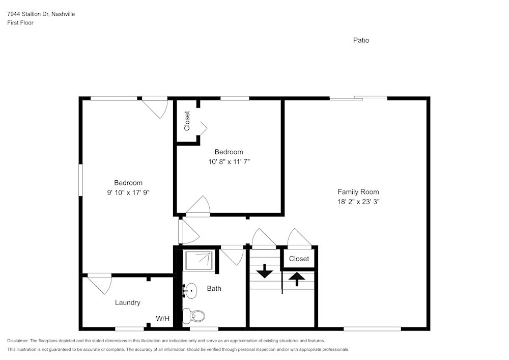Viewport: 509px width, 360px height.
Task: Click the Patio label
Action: pyautogui.click(x=361, y=40)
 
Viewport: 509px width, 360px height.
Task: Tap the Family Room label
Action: pyautogui.click(x=358, y=192)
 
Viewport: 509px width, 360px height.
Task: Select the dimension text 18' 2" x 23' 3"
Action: pyautogui.click(x=358, y=202)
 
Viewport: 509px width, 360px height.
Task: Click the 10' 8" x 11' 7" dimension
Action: pyautogui.click(x=229, y=161)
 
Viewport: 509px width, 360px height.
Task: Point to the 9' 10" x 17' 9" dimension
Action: pyautogui.click(x=128, y=192)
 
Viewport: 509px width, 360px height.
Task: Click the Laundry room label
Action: pyautogui.click(x=127, y=302)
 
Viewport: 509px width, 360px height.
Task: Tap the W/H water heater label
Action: pyautogui.click(x=163, y=319)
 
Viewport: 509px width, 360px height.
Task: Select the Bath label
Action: pyautogui.click(x=214, y=289)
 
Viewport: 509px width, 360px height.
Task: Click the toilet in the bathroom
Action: pyautogui.click(x=194, y=316)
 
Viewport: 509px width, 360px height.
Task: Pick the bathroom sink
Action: pyautogui.click(x=190, y=291)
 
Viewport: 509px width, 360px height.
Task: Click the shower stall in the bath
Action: pyautogui.click(x=199, y=260)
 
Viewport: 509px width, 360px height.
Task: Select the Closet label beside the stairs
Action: pyautogui.click(x=299, y=259)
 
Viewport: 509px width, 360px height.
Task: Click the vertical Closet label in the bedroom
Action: pyautogui.click(x=187, y=121)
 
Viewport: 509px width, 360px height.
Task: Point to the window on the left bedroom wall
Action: pyautogui.click(x=80, y=179)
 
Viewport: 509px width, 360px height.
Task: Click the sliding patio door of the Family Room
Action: pyautogui.click(x=358, y=98)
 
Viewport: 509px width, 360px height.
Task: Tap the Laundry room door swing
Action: pyautogui.click(x=100, y=283)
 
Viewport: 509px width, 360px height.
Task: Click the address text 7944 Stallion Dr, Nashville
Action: pyautogui.click(x=41, y=14)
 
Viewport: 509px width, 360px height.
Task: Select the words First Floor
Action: pyautogui.click(x=20, y=23)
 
